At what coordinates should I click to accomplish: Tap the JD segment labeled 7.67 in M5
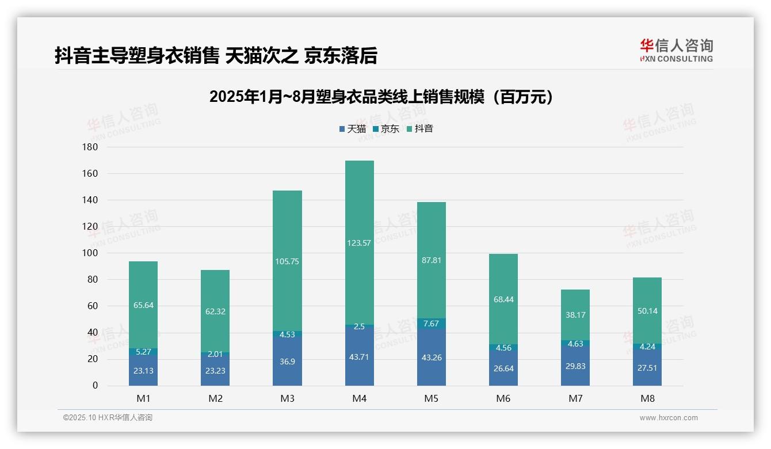(x=432, y=324)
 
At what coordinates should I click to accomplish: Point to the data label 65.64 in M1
(x=143, y=305)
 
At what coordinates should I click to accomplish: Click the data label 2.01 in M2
(x=215, y=354)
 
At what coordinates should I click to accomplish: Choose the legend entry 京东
(x=386, y=129)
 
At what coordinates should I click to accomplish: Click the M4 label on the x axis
(x=360, y=398)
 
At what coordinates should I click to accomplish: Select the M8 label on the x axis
(x=647, y=398)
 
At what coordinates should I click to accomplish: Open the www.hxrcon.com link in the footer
(x=669, y=418)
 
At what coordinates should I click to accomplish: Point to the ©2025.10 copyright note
(x=108, y=418)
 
